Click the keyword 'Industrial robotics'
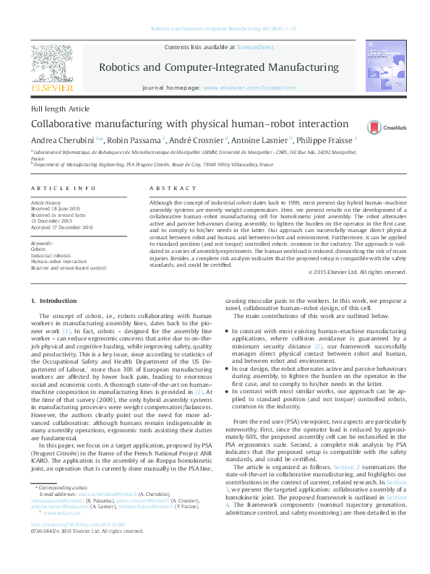coord(51,255)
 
